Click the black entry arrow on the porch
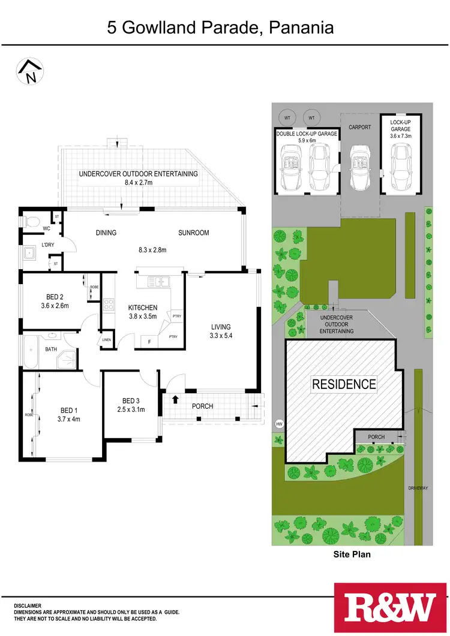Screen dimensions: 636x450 point(175,399)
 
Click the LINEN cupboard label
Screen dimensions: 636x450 point(107,340)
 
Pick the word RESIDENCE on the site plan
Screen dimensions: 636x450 point(344,384)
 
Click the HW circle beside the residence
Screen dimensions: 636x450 point(278,424)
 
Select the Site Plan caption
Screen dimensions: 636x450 point(352,554)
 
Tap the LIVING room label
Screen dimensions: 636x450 point(221,327)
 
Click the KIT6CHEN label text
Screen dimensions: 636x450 point(142,308)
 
